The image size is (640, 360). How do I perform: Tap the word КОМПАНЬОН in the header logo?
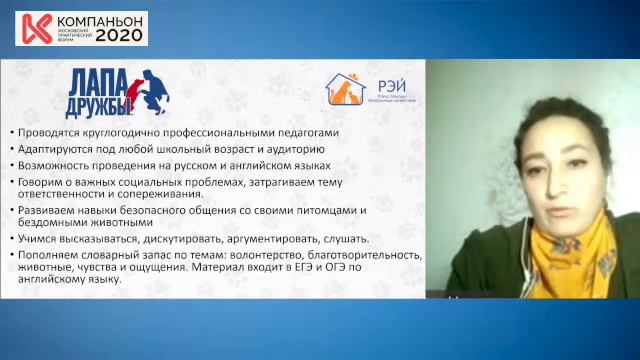pos(98,18)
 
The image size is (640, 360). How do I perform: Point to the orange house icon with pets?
pos(345,89)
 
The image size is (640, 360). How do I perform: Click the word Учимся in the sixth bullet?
pos(39,240)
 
